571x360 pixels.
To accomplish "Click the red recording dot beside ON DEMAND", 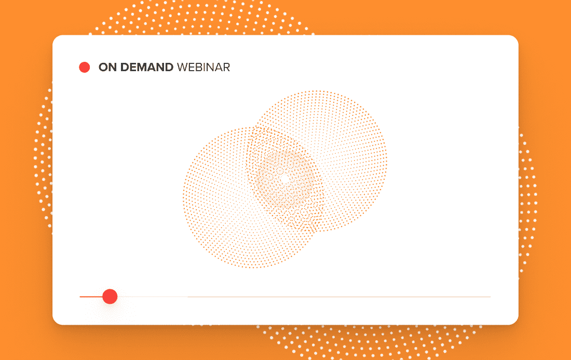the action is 85,68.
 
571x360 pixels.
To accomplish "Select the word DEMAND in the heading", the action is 147,68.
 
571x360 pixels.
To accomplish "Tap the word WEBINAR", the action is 203,68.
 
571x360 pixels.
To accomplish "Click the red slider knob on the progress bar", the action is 110,297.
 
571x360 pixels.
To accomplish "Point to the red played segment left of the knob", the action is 91,297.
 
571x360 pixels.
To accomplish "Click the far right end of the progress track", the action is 491,297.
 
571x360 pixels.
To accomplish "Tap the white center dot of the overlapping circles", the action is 285,179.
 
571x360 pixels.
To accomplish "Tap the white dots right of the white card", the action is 528,201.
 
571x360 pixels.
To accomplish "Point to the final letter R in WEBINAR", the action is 226,68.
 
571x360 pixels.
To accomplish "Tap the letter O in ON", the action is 103,68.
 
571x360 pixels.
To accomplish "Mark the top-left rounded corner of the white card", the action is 55,38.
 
